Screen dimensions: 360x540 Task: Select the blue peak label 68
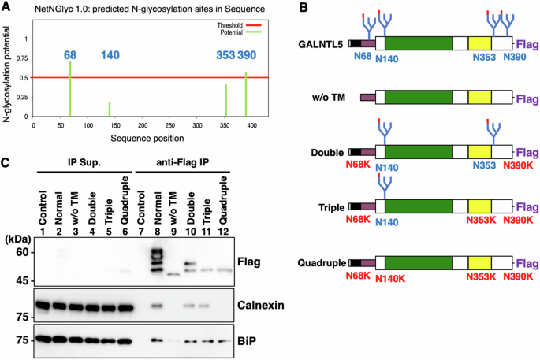click(x=69, y=54)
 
